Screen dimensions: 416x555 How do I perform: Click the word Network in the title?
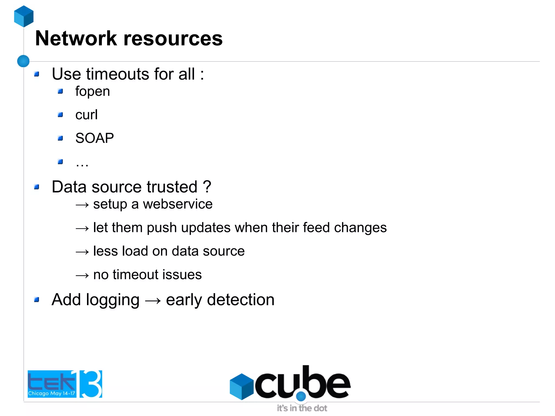point(76,38)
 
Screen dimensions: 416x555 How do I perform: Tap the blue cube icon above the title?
point(24,16)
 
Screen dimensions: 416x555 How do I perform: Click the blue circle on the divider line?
point(23,61)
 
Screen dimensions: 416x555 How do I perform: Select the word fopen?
point(92,91)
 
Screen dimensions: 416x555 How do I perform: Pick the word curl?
point(86,115)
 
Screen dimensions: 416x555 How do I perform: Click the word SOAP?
point(94,138)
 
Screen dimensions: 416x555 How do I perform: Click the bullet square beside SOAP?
point(60,138)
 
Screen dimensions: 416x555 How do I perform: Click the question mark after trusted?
point(207,187)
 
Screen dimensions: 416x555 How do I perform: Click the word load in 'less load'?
point(135,251)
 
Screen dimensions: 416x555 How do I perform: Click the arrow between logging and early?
point(153,301)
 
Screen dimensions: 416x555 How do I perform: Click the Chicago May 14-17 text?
point(51,393)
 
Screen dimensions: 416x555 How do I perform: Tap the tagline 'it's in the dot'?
point(302,408)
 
